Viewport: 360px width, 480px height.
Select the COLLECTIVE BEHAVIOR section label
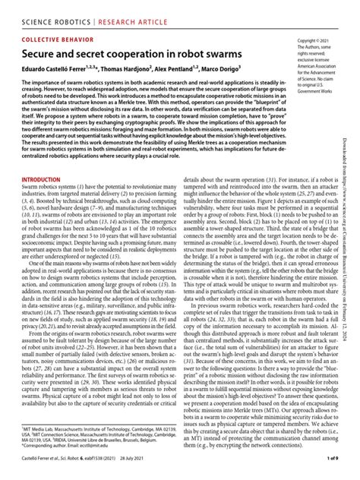tap(62, 39)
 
